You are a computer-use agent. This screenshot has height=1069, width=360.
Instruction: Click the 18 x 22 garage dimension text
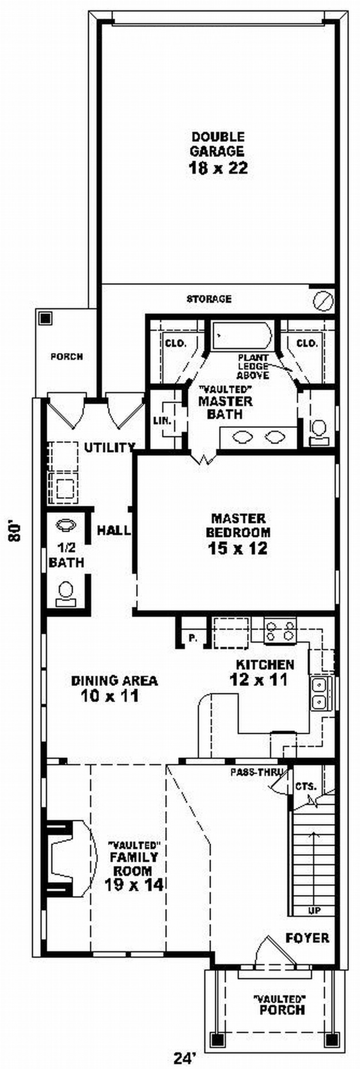218,168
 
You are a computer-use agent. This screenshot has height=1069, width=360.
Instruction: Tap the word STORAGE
209,299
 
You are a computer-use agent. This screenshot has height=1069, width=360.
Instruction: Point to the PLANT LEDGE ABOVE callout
253,366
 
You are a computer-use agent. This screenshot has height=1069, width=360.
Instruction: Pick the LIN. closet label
162,420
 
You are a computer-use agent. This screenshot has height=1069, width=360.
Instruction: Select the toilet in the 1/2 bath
66,593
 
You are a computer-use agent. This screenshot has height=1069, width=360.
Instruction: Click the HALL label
113,530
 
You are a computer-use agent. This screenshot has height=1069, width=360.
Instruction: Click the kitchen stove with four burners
280,631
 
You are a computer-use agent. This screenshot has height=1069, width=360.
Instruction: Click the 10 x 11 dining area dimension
110,696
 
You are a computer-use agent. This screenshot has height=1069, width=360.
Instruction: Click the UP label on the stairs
314,911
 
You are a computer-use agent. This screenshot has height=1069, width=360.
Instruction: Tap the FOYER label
308,938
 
